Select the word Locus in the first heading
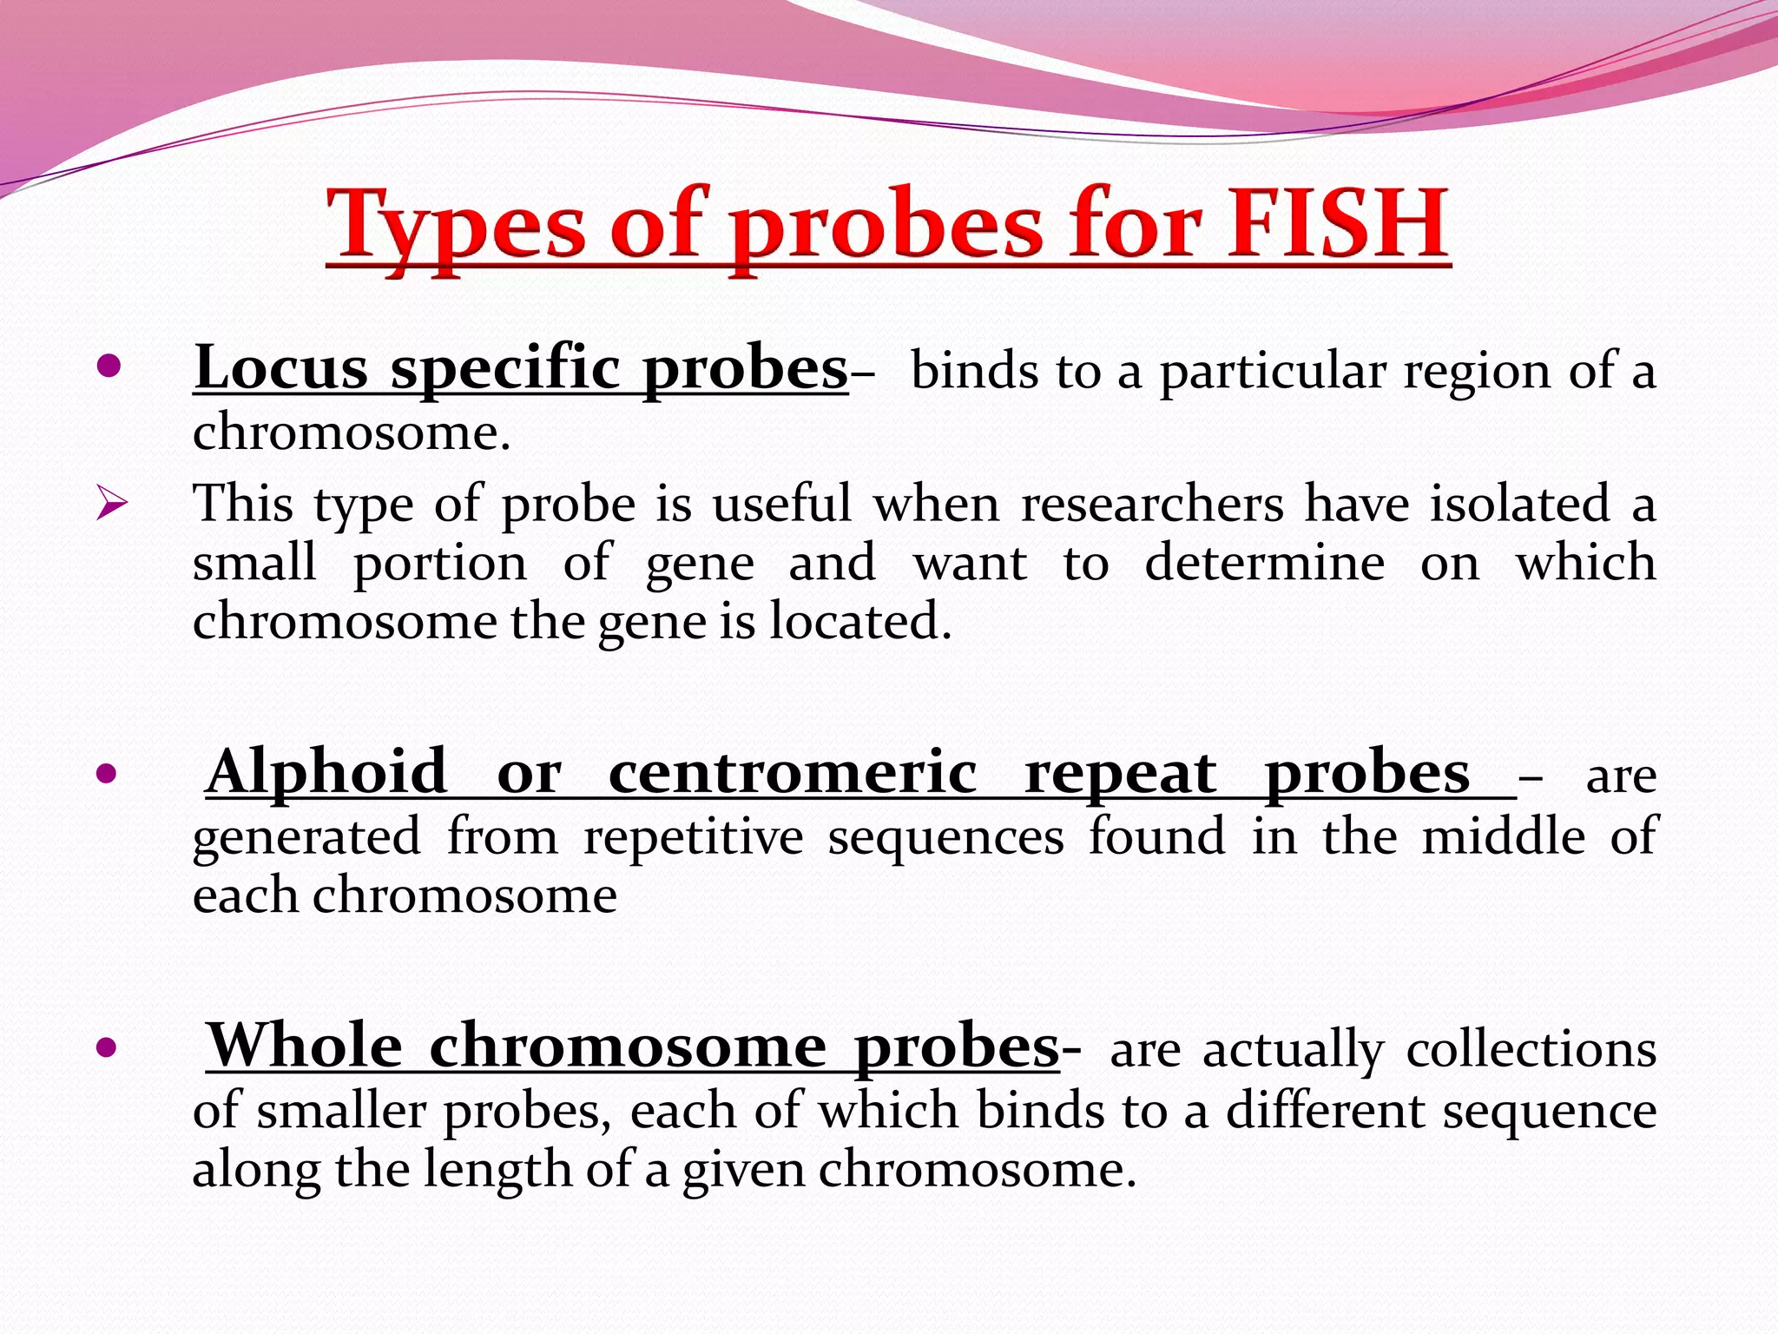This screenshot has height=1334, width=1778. [281, 368]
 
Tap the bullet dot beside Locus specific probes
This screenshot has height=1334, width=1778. [108, 367]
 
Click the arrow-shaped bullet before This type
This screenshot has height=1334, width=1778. [112, 504]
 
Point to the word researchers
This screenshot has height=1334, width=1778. [1151, 505]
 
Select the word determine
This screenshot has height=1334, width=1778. [1264, 563]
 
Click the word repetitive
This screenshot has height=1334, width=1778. [693, 837]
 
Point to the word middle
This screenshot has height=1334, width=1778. [1503, 837]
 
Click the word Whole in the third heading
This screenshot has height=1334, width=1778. [305, 1047]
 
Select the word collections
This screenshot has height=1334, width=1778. [1531, 1049]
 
